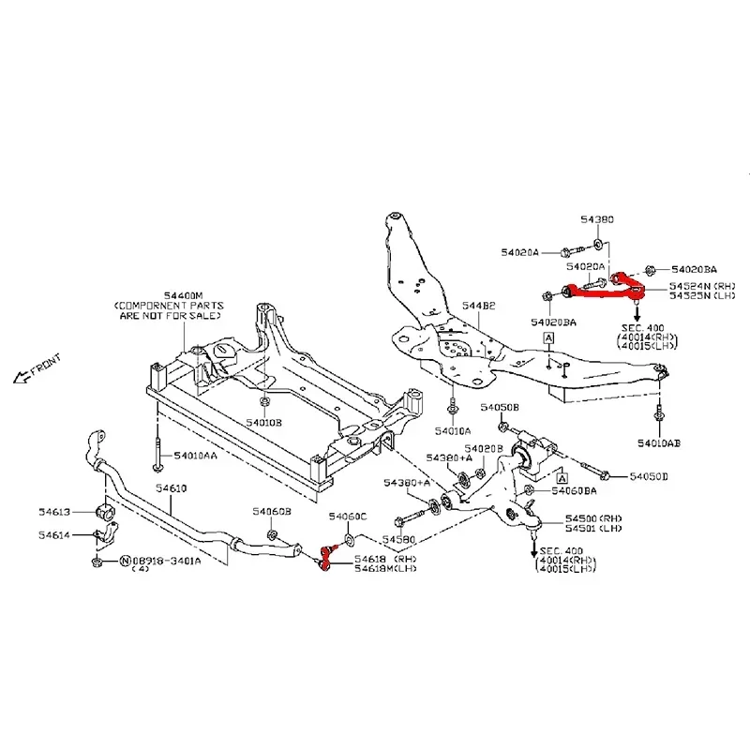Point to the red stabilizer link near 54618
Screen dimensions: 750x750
324,559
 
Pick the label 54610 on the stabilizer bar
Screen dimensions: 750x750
172,489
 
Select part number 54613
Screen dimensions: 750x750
54,512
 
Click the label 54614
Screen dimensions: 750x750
54,535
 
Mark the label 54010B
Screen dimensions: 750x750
263,423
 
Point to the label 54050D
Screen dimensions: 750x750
649,477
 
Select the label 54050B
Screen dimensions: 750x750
500,408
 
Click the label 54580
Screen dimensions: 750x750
398,540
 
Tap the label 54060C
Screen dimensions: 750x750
348,517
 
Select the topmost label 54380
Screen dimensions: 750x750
596,218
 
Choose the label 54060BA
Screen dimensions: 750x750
575,490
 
